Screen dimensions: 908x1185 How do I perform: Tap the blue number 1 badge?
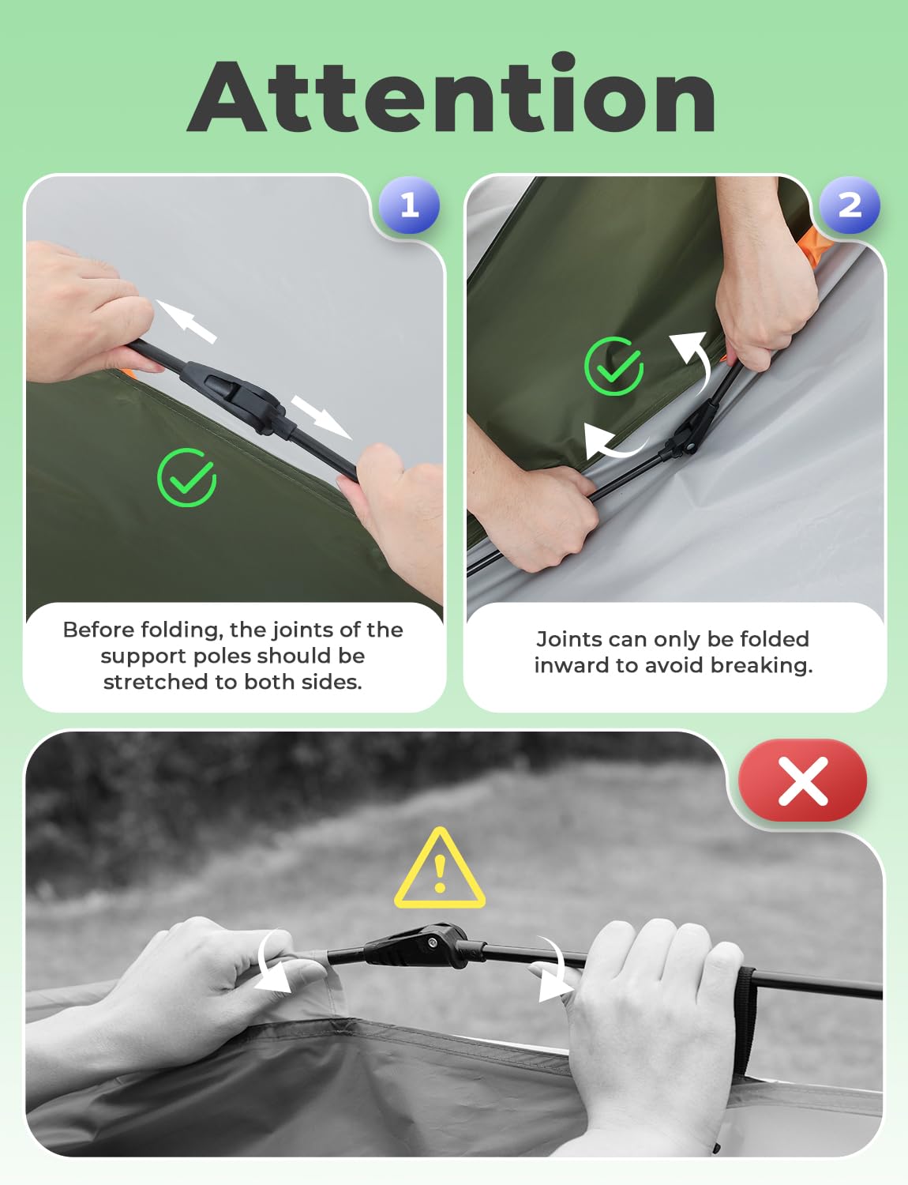pos(409,205)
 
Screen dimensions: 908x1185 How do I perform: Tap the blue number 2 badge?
pos(850,205)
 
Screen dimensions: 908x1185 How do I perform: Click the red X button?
pos(803,781)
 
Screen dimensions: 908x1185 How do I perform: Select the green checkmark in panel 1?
pos(187,478)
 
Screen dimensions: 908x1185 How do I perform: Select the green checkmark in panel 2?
pos(613,366)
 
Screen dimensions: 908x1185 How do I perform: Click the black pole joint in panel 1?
pos(235,395)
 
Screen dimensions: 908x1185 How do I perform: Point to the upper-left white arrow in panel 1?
pos(186,321)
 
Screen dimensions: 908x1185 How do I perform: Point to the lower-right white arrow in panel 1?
pos(321,417)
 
